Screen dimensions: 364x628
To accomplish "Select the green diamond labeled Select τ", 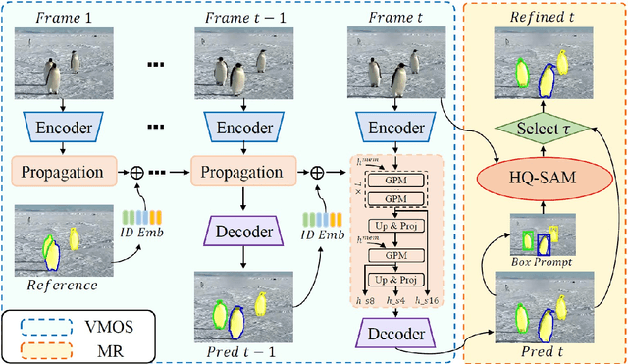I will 546,130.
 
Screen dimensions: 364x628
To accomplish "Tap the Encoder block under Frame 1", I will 63,127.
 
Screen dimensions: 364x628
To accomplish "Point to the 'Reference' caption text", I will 62,285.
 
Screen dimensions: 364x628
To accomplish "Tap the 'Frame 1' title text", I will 63,17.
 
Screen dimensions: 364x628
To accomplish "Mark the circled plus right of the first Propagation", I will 138,171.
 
